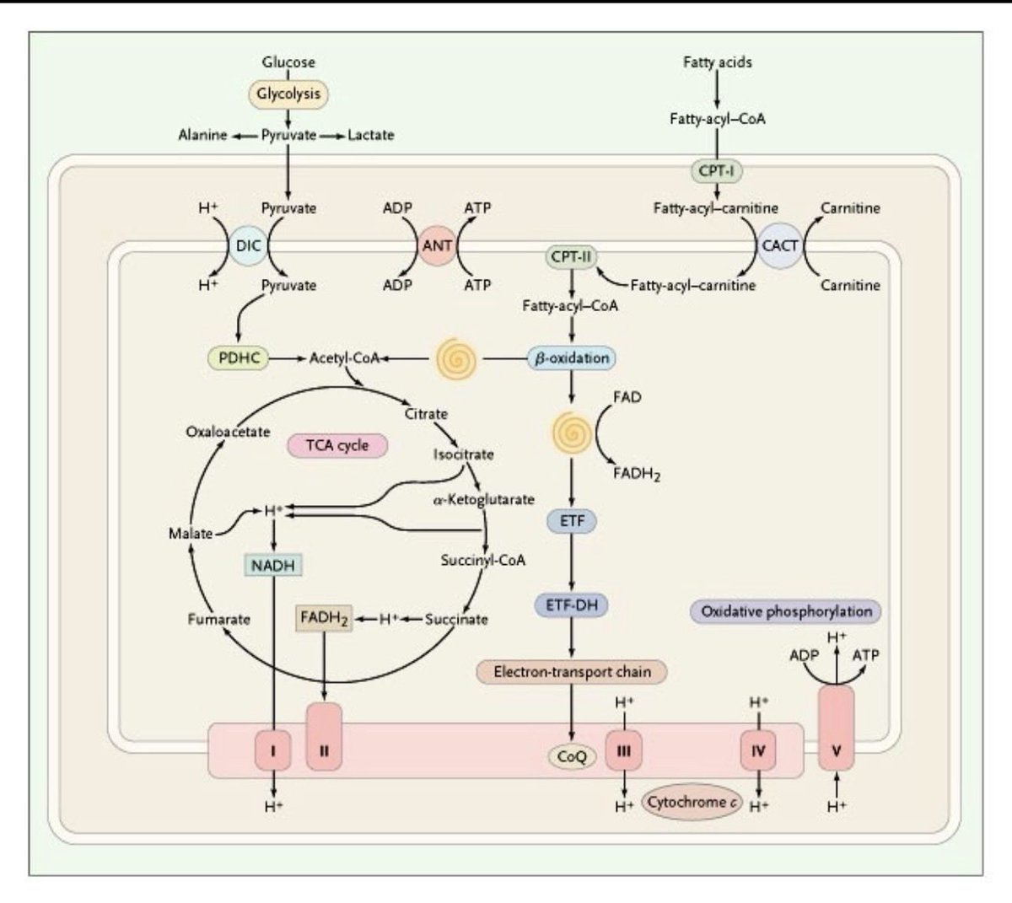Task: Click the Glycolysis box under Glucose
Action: [x=288, y=94]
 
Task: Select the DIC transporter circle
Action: [x=249, y=246]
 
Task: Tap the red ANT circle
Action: [x=437, y=246]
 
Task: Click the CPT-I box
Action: [x=715, y=171]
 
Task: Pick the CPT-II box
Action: [x=571, y=255]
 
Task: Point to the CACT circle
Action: [x=779, y=246]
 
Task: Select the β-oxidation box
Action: [x=571, y=358]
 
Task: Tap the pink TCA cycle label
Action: [x=337, y=445]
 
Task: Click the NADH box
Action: [x=273, y=565]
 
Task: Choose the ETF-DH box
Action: [x=571, y=605]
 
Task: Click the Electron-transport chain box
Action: [x=571, y=672]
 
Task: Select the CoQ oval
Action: [x=572, y=756]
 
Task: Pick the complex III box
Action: [x=623, y=750]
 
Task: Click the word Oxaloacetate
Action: [x=228, y=432]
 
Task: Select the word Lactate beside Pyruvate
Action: [x=370, y=135]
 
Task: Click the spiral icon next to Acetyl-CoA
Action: [x=455, y=359]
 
